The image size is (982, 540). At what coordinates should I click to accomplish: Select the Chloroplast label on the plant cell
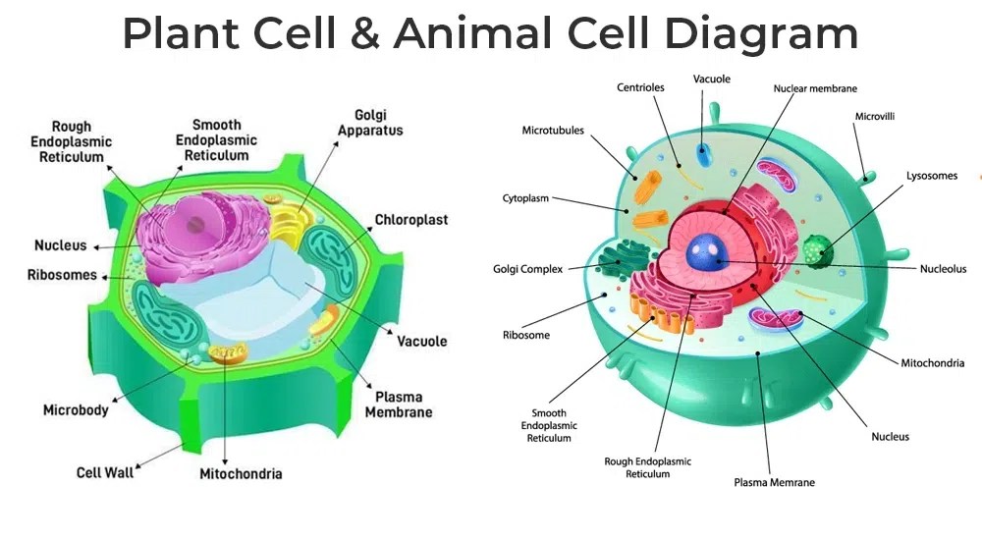tap(410, 220)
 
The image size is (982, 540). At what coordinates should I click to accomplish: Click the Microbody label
tap(76, 409)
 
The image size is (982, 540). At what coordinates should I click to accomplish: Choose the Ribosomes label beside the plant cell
tap(62, 275)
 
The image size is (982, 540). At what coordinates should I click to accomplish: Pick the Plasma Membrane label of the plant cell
tap(399, 405)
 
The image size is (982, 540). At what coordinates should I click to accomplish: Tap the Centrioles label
tap(640, 87)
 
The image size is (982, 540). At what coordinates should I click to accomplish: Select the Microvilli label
tap(874, 116)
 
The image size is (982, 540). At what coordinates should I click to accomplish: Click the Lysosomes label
tap(931, 176)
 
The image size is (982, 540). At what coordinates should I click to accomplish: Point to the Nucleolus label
tap(943, 269)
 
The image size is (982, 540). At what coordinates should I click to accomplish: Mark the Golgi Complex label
tap(528, 269)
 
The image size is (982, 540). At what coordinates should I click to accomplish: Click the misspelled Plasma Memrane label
tap(774, 482)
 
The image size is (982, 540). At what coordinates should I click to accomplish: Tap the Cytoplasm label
tap(525, 197)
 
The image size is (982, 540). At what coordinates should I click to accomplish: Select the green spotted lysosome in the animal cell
tap(816, 251)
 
